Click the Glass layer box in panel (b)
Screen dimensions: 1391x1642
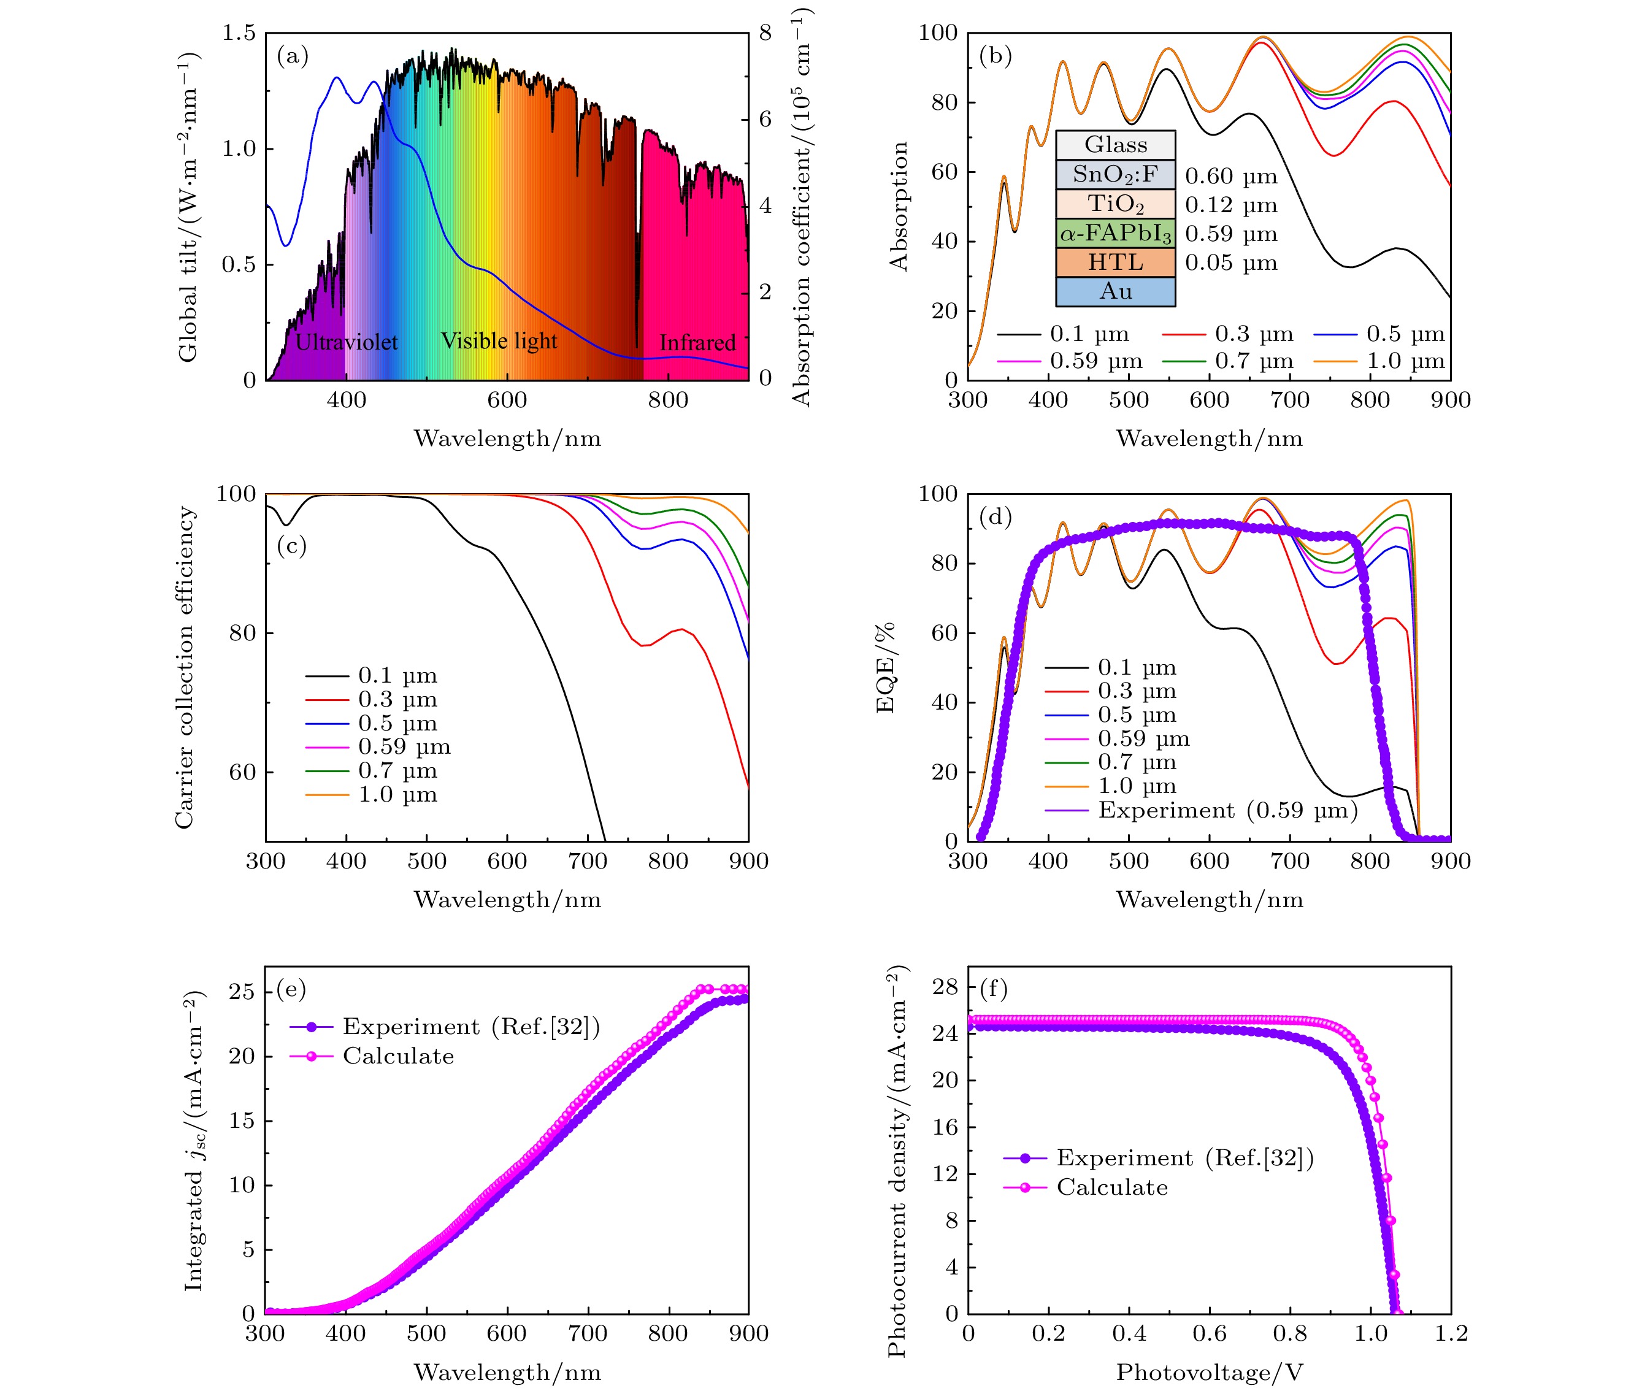(x=1114, y=145)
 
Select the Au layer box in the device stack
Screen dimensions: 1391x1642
(x=1114, y=292)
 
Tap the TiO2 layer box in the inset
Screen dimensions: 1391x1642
(x=1114, y=204)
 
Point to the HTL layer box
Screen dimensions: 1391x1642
(x=1114, y=262)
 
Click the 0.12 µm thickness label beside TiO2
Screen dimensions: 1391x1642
(x=1230, y=205)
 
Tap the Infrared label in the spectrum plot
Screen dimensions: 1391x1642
(x=697, y=342)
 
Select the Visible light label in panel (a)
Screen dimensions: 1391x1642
(x=499, y=340)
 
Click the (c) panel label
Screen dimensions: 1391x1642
(x=291, y=546)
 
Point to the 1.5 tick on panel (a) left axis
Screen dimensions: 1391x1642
(x=239, y=33)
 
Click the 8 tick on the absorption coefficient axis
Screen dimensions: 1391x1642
(x=765, y=33)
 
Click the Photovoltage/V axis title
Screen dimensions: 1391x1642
(x=1209, y=1372)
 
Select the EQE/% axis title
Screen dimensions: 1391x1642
(x=885, y=667)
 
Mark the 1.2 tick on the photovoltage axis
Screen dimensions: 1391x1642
(x=1451, y=1333)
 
